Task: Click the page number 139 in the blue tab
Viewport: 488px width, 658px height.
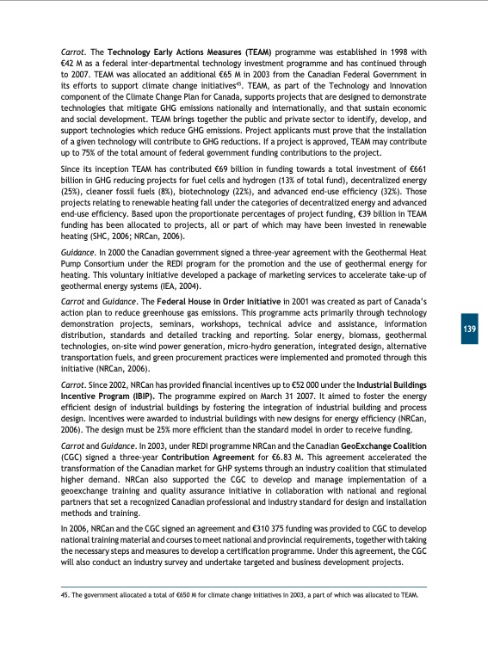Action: click(469, 330)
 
